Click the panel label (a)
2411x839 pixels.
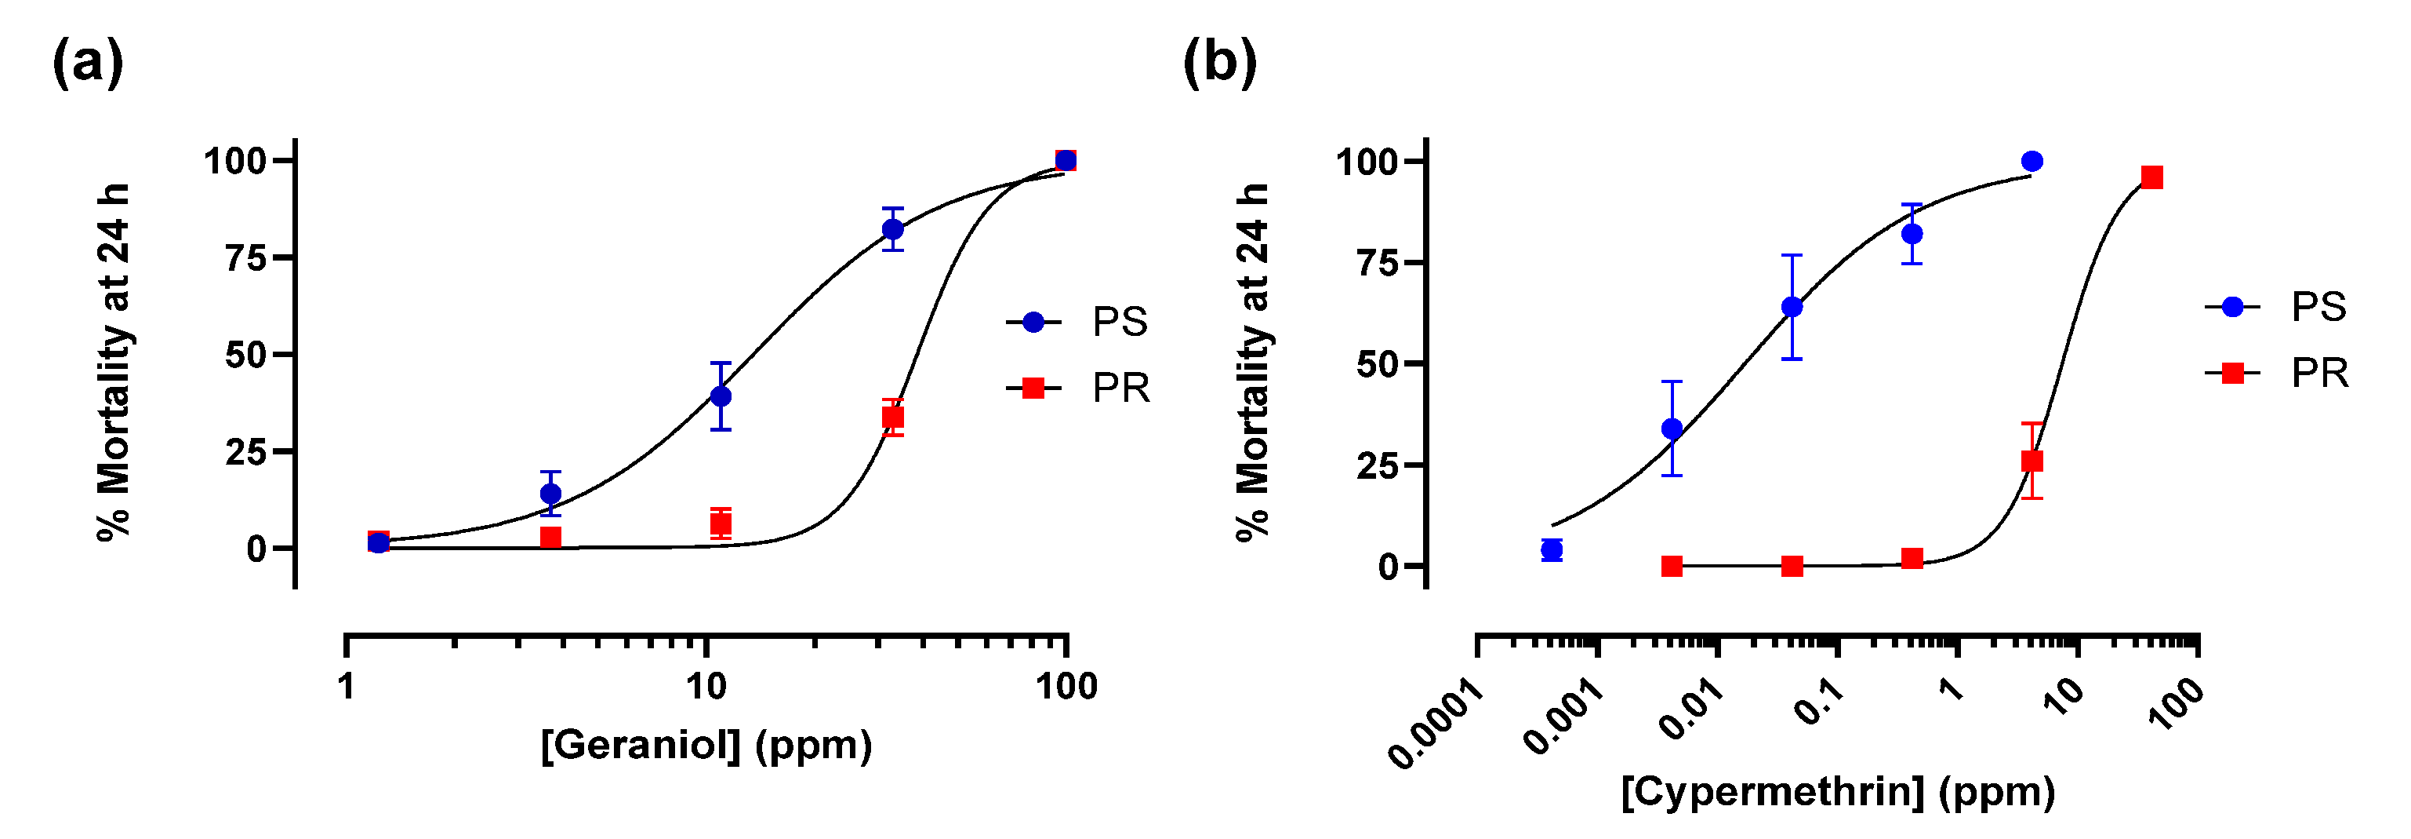(x=87, y=64)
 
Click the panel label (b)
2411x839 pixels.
(x=1219, y=64)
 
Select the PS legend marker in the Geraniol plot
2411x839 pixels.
(x=1033, y=322)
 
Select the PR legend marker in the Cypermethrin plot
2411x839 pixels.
(x=2232, y=374)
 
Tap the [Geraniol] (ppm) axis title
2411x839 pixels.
(x=706, y=746)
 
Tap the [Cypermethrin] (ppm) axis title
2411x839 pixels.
(x=1838, y=792)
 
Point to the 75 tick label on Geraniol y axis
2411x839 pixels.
(x=246, y=258)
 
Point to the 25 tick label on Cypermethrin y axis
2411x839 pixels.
(x=1378, y=465)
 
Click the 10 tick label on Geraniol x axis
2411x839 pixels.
(x=706, y=688)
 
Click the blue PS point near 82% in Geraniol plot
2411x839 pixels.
(x=893, y=229)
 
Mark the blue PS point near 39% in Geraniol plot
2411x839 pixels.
(x=721, y=396)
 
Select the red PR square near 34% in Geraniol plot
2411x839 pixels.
(x=893, y=417)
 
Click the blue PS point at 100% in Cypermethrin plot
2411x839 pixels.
(x=2032, y=162)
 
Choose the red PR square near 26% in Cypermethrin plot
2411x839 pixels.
(x=2032, y=461)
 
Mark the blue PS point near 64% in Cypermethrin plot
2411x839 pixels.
(x=1792, y=307)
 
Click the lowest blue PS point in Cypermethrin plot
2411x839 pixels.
(x=1552, y=549)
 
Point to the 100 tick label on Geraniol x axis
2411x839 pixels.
(x=1066, y=688)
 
